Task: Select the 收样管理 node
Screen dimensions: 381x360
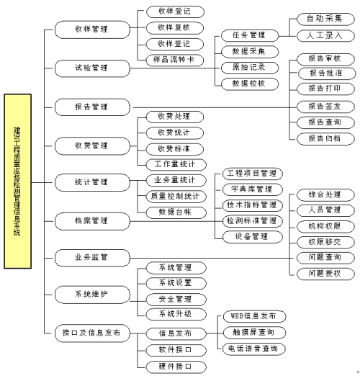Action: coord(91,30)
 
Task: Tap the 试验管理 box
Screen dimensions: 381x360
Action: coord(91,68)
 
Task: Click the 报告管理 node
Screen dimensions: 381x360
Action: coord(91,107)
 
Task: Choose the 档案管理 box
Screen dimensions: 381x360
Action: coord(91,218)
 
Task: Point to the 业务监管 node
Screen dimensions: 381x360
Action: coord(91,256)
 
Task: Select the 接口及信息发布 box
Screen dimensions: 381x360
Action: coord(91,333)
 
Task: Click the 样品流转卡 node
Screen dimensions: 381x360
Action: coord(174,59)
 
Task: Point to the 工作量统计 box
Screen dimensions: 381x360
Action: coord(174,164)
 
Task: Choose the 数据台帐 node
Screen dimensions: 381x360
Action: coord(174,212)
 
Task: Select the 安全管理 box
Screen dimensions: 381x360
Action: coord(174,298)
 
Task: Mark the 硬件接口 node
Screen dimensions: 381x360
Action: coord(174,366)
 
